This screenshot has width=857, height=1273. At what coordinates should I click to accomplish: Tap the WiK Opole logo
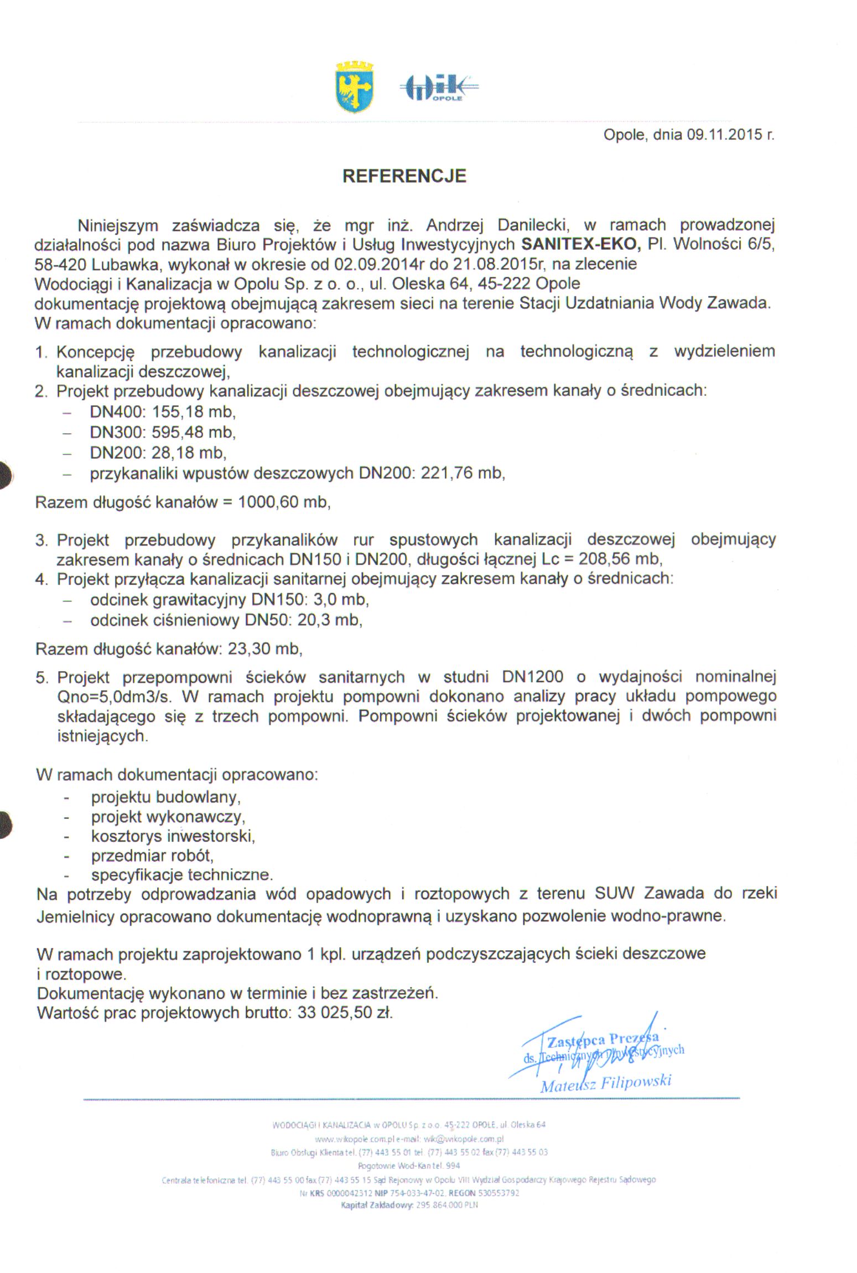point(438,88)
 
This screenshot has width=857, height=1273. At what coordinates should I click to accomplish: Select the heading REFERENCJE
point(404,176)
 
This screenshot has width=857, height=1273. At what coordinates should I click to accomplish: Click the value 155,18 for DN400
point(176,411)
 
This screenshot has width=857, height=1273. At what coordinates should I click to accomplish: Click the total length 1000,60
point(268,502)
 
